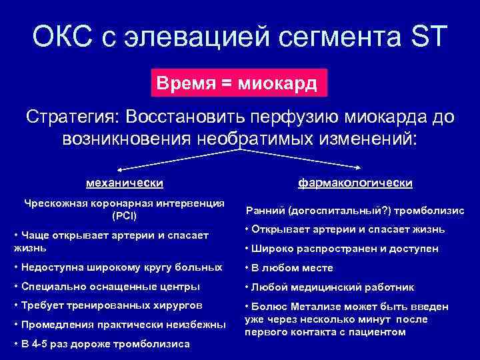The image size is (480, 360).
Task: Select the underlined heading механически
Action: [x=125, y=182]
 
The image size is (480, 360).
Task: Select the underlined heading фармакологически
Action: [x=355, y=182]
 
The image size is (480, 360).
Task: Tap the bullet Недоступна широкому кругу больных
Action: [x=118, y=267]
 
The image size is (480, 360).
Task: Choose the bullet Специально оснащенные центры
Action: [x=106, y=287]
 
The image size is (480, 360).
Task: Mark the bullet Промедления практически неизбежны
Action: [x=119, y=325]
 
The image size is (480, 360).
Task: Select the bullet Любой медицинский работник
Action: [x=329, y=287]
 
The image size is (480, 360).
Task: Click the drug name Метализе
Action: [x=311, y=307]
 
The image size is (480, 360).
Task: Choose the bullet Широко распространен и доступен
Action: [x=341, y=249]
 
